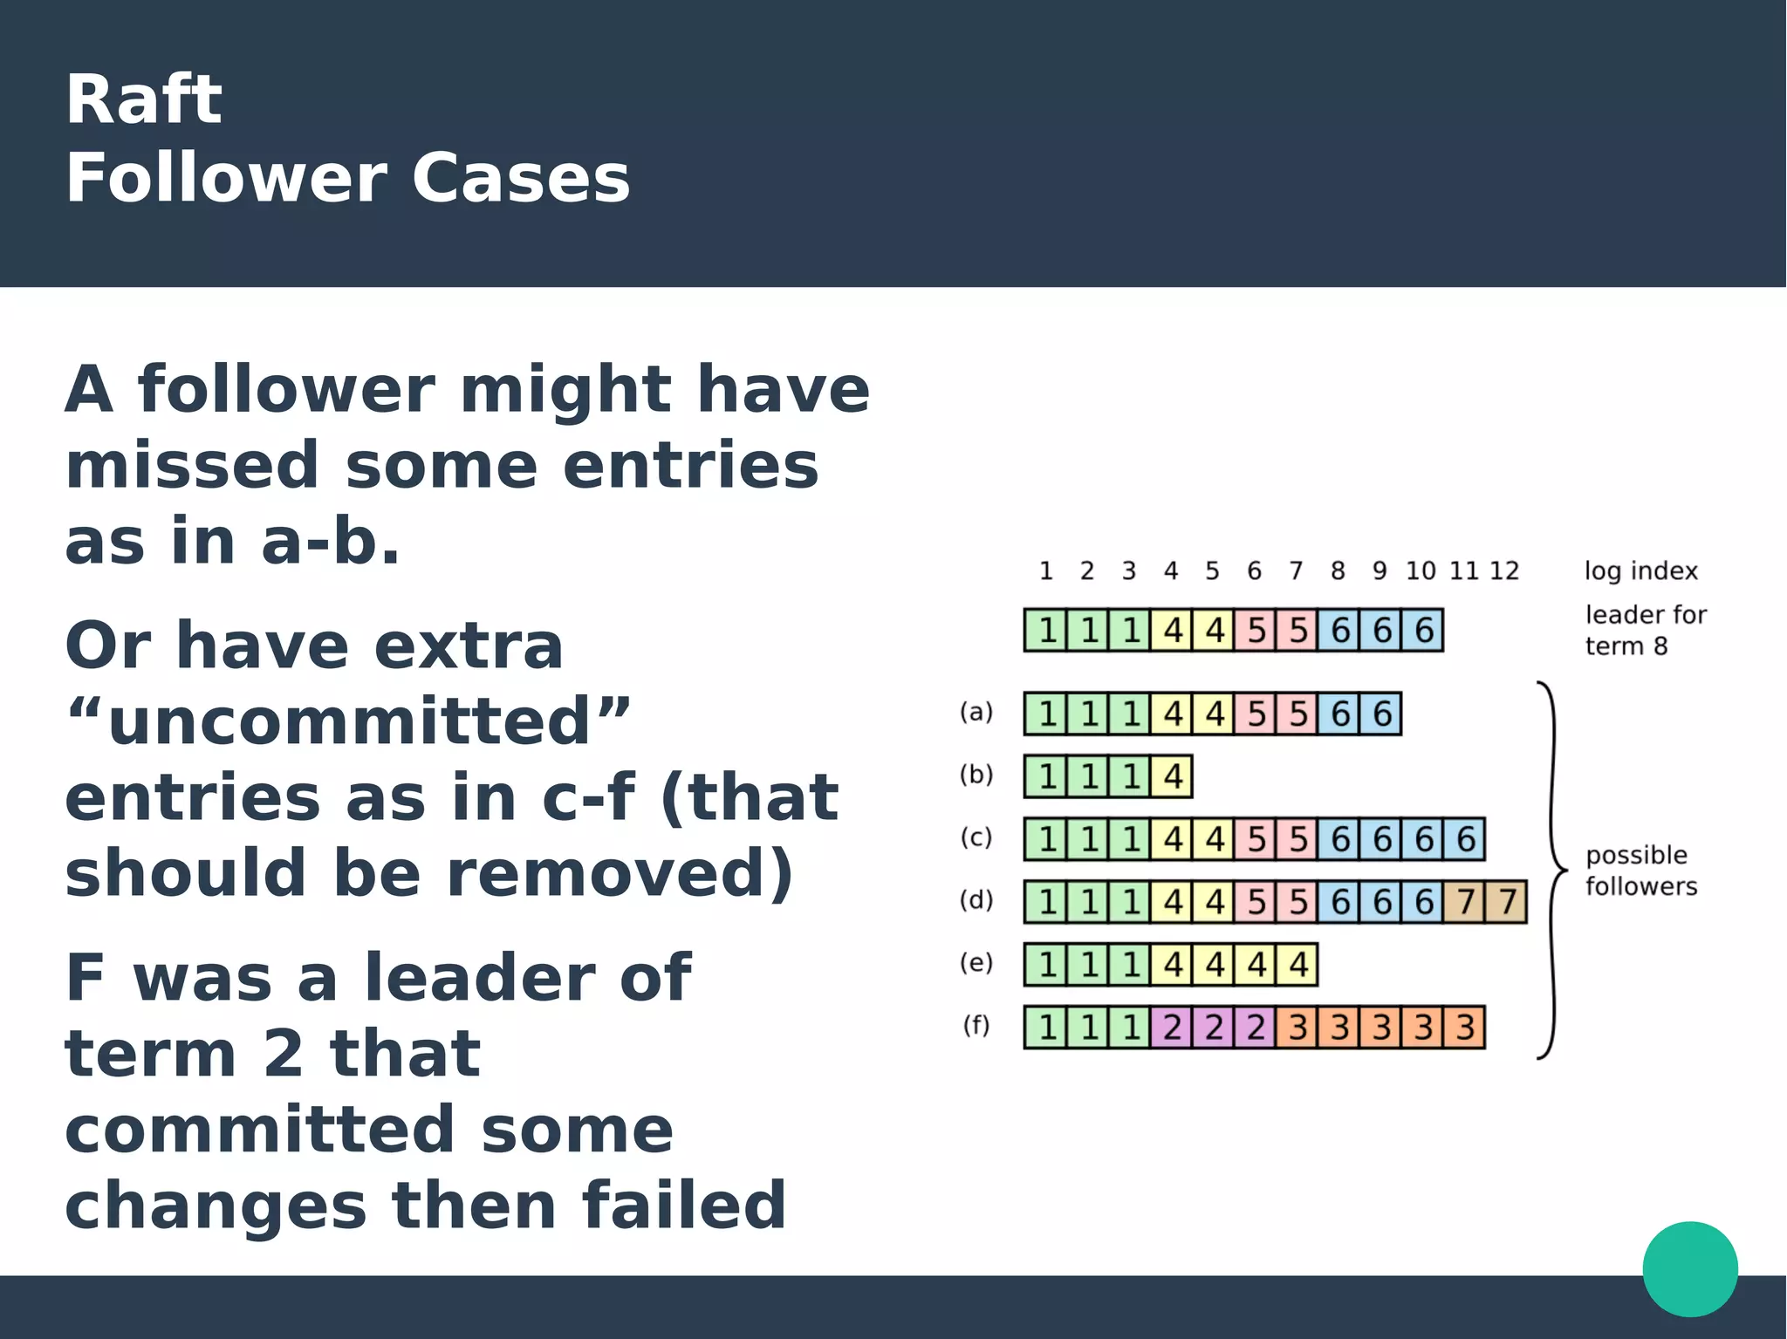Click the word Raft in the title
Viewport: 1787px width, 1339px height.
[x=144, y=99]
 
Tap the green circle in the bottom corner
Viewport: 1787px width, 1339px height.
[x=1689, y=1268]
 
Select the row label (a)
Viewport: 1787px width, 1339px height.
[x=976, y=712]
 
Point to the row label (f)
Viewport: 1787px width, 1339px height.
[x=976, y=1025]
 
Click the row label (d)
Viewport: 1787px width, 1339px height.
[x=976, y=899]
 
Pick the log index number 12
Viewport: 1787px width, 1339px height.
[x=1504, y=570]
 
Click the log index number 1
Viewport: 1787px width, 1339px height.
[x=1045, y=570]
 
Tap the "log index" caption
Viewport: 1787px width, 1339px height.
[x=1641, y=571]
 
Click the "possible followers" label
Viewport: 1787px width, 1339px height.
[x=1640, y=871]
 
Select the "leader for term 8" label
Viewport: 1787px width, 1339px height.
[x=1645, y=630]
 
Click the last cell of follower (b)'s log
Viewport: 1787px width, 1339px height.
[x=1172, y=776]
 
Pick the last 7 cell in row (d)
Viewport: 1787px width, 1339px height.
[x=1507, y=902]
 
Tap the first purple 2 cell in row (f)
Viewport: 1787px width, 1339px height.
[x=1172, y=1028]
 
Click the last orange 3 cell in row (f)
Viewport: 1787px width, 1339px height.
[x=1465, y=1028]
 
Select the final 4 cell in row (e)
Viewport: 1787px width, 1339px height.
[x=1297, y=965]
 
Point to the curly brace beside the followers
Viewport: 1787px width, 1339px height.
[x=1551, y=871]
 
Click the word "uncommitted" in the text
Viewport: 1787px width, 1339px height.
[x=348, y=721]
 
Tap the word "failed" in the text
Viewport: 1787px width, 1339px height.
[x=684, y=1206]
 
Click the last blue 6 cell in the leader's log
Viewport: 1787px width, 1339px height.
[x=1423, y=630]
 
